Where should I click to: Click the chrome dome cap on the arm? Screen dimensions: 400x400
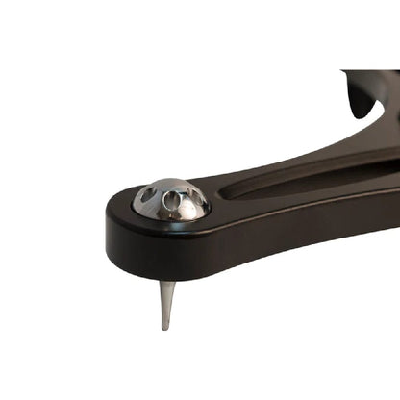coord(171,198)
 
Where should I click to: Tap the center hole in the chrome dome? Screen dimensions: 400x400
coord(172,203)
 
